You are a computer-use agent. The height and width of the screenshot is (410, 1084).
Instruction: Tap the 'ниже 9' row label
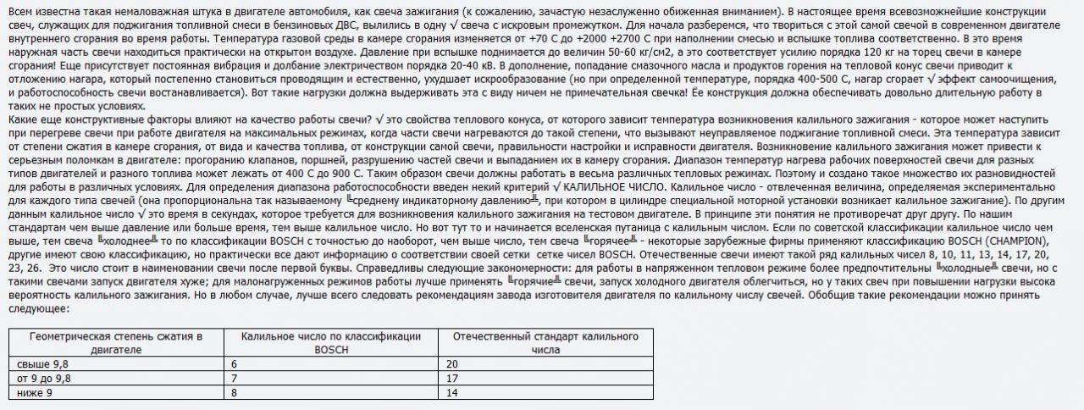pos(35,393)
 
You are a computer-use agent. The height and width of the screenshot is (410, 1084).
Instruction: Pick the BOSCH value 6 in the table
pos(234,363)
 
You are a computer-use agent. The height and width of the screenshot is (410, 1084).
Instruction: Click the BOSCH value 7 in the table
pos(234,378)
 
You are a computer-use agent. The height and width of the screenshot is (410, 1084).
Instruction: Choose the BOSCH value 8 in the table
pos(234,393)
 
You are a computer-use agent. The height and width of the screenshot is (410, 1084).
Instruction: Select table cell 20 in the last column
pos(451,363)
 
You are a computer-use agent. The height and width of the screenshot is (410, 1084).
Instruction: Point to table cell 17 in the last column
pos(451,378)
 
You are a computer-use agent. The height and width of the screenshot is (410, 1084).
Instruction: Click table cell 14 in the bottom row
pos(451,393)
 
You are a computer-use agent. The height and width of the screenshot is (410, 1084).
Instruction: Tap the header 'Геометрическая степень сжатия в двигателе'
pos(116,342)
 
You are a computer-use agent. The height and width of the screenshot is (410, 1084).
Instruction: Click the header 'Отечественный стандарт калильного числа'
pos(545,342)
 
